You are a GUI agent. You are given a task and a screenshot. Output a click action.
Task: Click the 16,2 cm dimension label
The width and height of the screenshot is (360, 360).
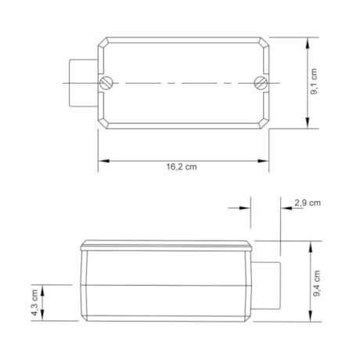click(x=182, y=167)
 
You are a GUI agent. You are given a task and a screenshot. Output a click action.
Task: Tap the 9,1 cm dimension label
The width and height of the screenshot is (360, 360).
click(x=314, y=81)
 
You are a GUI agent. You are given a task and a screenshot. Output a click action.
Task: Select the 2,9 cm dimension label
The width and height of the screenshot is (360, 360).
click(x=308, y=203)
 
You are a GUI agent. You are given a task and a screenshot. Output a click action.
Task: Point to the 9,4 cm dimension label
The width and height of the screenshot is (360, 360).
click(x=316, y=283)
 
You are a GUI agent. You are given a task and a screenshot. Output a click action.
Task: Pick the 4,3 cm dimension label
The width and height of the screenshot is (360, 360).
click(x=35, y=303)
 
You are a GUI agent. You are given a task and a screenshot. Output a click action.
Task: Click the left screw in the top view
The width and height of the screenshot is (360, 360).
click(x=106, y=83)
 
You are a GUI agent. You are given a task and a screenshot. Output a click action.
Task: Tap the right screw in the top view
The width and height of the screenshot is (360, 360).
click(x=261, y=83)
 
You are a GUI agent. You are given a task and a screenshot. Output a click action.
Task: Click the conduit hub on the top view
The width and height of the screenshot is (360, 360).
click(x=84, y=83)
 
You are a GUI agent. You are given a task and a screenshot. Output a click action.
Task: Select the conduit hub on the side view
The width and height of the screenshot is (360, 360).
click(x=266, y=286)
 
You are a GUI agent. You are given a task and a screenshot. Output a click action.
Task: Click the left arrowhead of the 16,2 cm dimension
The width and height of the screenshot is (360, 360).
click(x=103, y=161)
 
